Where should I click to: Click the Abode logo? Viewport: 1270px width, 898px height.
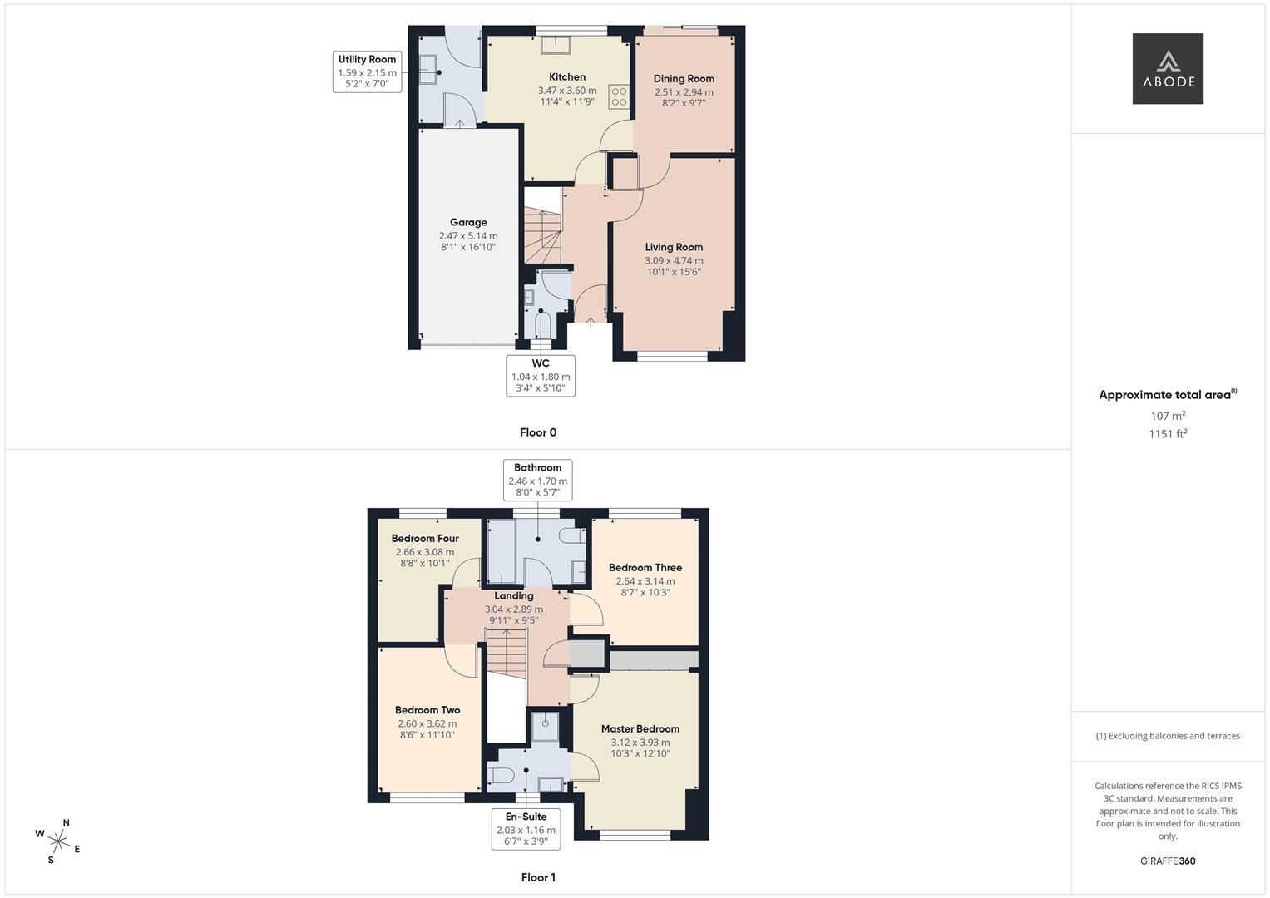coord(1167,69)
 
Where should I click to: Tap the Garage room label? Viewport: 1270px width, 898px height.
coord(468,222)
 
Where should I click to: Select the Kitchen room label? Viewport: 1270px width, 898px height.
coord(567,76)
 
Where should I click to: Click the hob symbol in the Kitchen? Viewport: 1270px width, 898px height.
coord(619,96)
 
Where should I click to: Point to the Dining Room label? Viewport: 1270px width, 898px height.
coord(684,79)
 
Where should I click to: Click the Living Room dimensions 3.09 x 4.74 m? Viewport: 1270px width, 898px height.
coord(674,260)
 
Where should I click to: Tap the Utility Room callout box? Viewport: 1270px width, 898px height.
coord(367,72)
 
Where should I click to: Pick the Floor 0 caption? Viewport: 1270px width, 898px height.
coord(538,432)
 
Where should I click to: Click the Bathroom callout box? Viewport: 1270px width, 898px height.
coord(537,480)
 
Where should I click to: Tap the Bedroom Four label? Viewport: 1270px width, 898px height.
coord(425,538)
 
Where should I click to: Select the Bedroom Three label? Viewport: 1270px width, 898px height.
coord(645,568)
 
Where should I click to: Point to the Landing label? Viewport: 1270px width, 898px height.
coord(514,595)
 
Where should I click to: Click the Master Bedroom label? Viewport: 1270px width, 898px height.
coord(640,728)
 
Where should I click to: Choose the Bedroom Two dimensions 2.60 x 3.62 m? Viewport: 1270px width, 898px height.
coord(427,723)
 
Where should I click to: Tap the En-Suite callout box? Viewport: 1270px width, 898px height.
coord(526,829)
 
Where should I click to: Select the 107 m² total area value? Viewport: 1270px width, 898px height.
coord(1168,416)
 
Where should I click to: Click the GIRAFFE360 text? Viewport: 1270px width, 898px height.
coord(1168,861)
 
